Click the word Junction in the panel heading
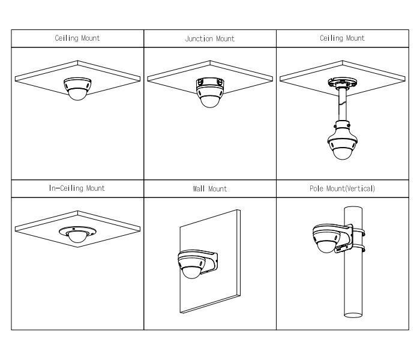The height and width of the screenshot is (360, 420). click(x=199, y=39)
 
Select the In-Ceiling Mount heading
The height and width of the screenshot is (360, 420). click(x=77, y=188)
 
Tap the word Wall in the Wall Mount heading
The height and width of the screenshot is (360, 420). click(x=199, y=189)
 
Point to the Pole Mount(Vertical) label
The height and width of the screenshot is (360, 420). click(x=343, y=188)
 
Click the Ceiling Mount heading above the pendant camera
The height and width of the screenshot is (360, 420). click(x=343, y=38)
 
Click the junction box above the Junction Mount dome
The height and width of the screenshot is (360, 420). click(x=210, y=83)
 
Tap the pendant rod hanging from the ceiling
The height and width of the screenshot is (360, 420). click(x=343, y=104)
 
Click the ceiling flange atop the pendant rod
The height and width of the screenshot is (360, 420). click(x=343, y=83)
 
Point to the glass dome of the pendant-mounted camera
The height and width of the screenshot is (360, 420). click(x=343, y=152)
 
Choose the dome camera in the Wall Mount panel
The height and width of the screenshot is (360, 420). click(x=191, y=265)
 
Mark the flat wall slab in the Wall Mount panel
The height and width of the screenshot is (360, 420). click(x=210, y=262)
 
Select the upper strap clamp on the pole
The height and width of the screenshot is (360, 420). click(x=358, y=232)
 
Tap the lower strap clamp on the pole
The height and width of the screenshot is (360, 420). click(x=358, y=248)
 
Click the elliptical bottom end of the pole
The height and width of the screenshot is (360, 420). click(x=353, y=315)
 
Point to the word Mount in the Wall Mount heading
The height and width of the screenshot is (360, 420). click(x=217, y=189)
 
